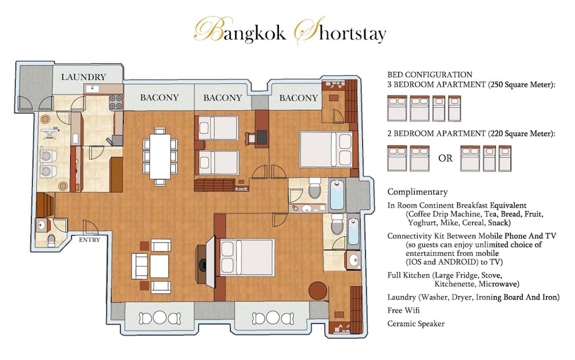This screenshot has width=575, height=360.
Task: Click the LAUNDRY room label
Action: [83, 77]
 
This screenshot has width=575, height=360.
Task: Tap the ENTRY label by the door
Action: [90, 240]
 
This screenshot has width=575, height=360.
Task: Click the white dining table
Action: [160, 156]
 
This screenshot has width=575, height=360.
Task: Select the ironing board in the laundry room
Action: [49, 134]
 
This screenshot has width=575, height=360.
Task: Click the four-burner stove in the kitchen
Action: [116, 102]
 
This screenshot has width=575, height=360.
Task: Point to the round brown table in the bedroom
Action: [317, 290]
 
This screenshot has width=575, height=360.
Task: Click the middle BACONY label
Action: [223, 98]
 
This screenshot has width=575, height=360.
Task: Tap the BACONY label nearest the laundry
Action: [159, 98]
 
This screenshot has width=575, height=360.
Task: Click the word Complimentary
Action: [417, 192]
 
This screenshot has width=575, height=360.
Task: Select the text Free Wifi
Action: [404, 310]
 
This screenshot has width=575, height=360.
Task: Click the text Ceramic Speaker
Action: [416, 324]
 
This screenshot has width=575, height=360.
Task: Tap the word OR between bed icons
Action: [445, 158]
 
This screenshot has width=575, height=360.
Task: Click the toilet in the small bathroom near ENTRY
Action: [51, 240]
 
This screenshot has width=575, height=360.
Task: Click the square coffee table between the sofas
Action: [159, 266]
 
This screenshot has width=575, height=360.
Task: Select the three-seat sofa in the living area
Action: [140, 266]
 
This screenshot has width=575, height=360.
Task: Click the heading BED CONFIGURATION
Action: [430, 74]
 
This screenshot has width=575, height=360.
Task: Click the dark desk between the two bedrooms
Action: [262, 137]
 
